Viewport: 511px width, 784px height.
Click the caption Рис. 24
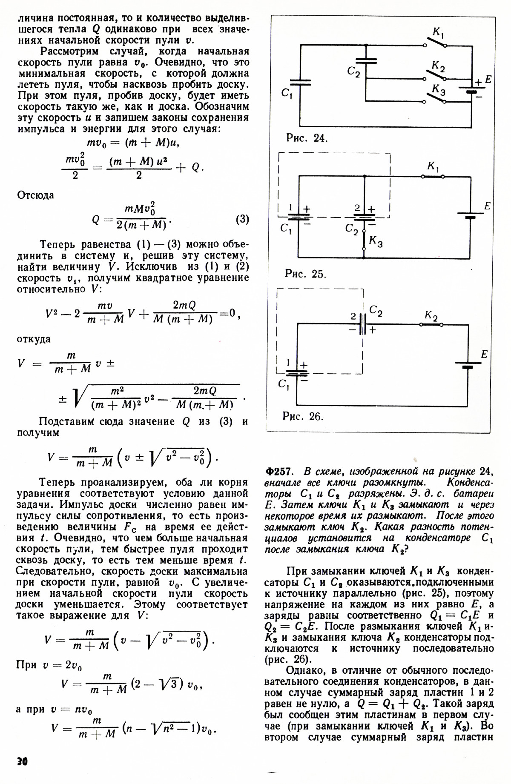[307, 138]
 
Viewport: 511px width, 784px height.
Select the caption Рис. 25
[305, 274]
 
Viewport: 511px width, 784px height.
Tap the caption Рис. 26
[303, 416]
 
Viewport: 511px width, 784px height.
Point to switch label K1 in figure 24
[439, 32]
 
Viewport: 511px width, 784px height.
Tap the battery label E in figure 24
[488, 80]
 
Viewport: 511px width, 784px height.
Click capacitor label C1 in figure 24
[287, 93]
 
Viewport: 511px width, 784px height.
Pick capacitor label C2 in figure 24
[353, 72]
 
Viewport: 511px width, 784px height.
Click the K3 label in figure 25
[376, 242]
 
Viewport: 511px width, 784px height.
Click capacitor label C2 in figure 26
[376, 311]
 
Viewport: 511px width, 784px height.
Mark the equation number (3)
[242, 220]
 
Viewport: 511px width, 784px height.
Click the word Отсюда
[36, 195]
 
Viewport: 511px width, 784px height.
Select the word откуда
[34, 339]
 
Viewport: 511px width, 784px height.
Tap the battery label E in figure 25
[487, 206]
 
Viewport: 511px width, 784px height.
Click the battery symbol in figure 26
[467, 365]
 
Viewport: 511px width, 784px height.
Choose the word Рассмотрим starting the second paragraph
[69, 52]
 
